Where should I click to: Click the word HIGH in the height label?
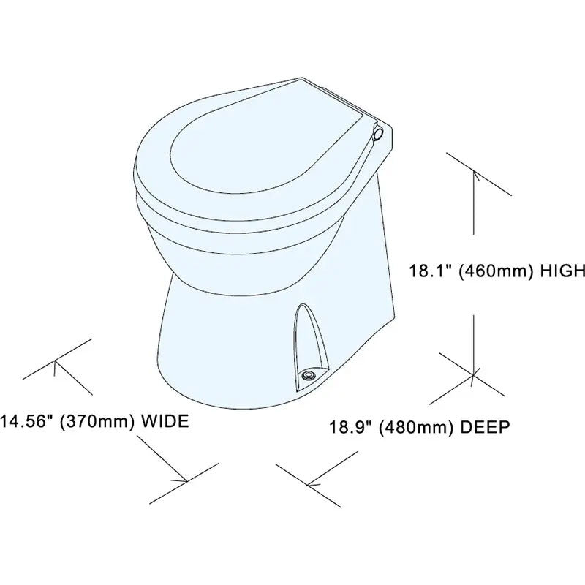coord(563,271)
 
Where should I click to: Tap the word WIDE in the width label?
coord(166,421)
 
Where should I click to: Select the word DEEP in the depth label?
coord(485,427)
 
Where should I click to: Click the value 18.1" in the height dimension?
coord(431,271)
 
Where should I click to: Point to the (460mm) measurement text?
coord(497,271)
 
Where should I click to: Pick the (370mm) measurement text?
coord(98,422)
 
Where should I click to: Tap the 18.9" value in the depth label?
coord(351,427)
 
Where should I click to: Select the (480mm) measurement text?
coord(417,428)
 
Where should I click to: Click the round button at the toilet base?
coord(309,375)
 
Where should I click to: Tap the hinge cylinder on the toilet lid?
coord(377,134)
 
